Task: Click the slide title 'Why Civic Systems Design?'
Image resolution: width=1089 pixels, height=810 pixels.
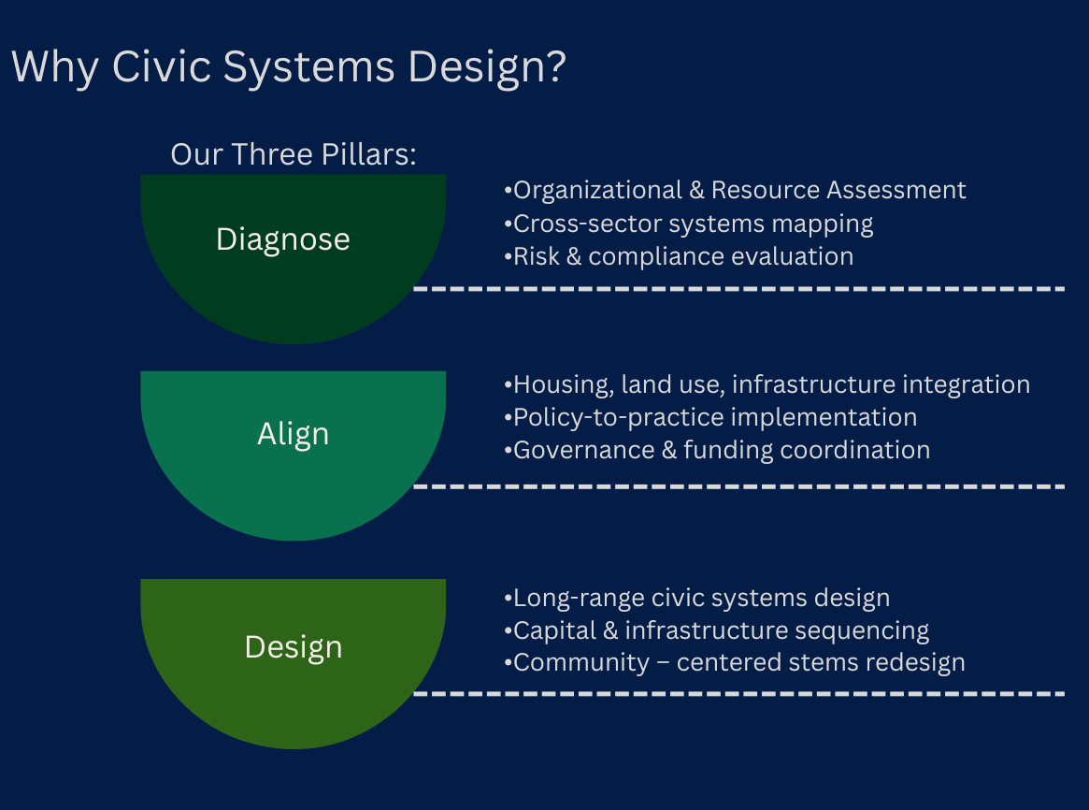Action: pos(288,67)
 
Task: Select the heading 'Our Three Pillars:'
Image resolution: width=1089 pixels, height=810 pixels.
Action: pos(293,154)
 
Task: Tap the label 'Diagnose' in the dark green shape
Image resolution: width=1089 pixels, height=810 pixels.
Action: pos(283,239)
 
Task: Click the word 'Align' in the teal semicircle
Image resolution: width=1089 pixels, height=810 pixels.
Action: pos(294,434)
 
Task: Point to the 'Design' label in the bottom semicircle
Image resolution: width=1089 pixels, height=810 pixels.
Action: pos(294,647)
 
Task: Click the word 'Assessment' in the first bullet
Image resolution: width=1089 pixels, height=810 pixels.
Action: pos(895,190)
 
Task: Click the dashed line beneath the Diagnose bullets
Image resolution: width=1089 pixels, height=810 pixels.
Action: pos(738,289)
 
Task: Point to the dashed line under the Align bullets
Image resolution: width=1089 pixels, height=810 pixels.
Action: pos(738,486)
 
